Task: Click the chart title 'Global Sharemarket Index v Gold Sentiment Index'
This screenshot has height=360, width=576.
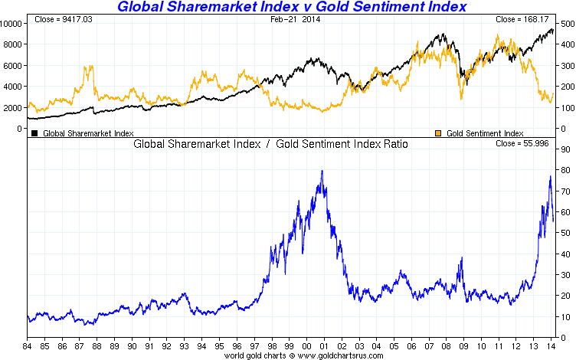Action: [x=292, y=8]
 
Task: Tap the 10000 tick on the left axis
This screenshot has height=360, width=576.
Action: [x=11, y=23]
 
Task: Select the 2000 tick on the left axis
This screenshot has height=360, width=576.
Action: [x=11, y=108]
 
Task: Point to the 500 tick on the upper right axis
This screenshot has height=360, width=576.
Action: [x=567, y=23]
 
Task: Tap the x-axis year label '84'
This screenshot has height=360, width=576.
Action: [x=28, y=346]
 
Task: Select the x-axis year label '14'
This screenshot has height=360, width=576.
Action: [x=551, y=346]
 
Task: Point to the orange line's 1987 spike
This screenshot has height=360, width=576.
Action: [x=90, y=67]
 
